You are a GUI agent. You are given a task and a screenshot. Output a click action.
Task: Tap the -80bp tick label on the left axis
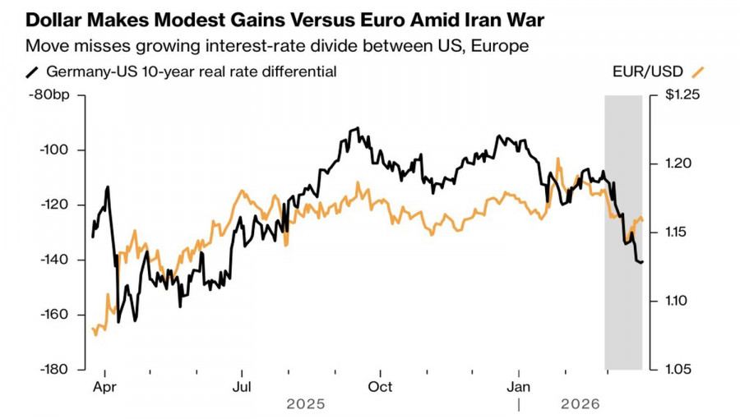[x=51, y=95]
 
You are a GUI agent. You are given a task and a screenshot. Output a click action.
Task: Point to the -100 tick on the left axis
[x=54, y=150]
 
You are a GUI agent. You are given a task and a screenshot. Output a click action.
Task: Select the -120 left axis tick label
[x=54, y=205]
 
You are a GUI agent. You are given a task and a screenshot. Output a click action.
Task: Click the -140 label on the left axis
[x=54, y=260]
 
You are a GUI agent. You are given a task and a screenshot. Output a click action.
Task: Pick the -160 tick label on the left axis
[x=54, y=315]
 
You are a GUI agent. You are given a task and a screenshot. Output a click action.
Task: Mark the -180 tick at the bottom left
[x=54, y=369]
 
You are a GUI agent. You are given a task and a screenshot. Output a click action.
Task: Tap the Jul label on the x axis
[x=242, y=385]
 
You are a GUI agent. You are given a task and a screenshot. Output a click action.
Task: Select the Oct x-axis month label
[x=380, y=385]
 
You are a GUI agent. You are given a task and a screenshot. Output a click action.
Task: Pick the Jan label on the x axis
[x=519, y=385]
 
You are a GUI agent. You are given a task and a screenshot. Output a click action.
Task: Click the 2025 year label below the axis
[x=306, y=404]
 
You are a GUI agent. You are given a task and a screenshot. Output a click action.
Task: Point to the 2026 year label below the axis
[x=580, y=404]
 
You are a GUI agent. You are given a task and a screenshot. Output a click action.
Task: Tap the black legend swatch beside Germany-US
[x=33, y=71]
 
